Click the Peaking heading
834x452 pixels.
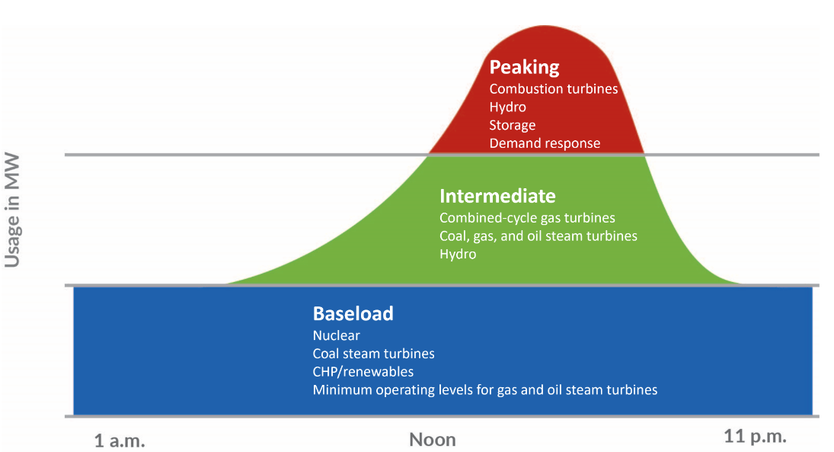point(524,68)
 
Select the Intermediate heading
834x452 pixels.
point(497,196)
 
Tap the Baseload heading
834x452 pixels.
point(353,313)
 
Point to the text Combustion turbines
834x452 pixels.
point(553,88)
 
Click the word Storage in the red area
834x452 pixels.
point(513,126)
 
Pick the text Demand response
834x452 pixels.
point(545,144)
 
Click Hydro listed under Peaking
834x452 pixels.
point(507,107)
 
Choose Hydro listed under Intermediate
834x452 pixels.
point(458,255)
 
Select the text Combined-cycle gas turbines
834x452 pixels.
point(527,218)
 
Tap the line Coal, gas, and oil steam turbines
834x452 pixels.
point(538,236)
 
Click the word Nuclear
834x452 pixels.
point(336,335)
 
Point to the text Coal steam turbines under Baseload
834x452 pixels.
point(373,354)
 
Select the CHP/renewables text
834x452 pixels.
point(363,372)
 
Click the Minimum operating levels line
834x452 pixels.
point(485,390)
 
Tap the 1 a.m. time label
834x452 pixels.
point(120,441)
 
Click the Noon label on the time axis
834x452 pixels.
point(433,440)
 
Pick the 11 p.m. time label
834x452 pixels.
point(755,437)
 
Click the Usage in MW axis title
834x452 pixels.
point(12,210)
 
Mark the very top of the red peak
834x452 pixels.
point(545,26)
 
